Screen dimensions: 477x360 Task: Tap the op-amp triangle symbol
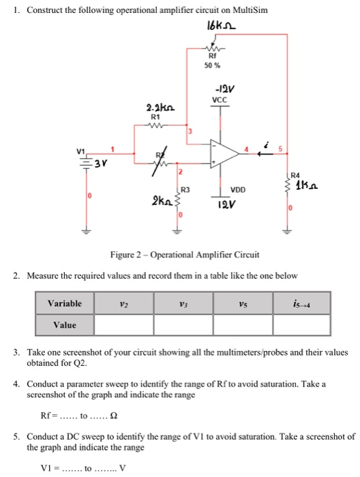pos(221,153)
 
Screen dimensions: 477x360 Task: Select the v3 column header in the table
pos(183,303)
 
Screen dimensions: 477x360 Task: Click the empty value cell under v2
pos(123,325)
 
